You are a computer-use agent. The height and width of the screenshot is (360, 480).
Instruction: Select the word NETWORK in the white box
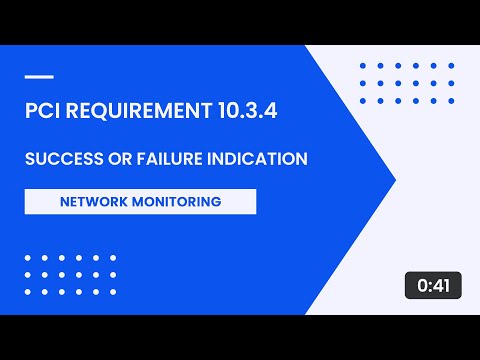click(94, 201)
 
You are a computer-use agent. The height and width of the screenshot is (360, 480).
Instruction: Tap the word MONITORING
click(177, 201)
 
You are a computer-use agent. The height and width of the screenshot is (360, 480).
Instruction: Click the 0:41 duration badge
click(434, 285)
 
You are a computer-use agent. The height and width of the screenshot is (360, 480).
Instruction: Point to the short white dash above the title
click(38, 76)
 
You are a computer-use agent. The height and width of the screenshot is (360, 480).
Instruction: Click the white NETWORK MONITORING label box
click(140, 201)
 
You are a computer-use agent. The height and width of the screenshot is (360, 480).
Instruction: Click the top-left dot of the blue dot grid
click(362, 66)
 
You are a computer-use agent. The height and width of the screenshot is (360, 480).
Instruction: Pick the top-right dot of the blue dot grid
click(452, 66)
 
